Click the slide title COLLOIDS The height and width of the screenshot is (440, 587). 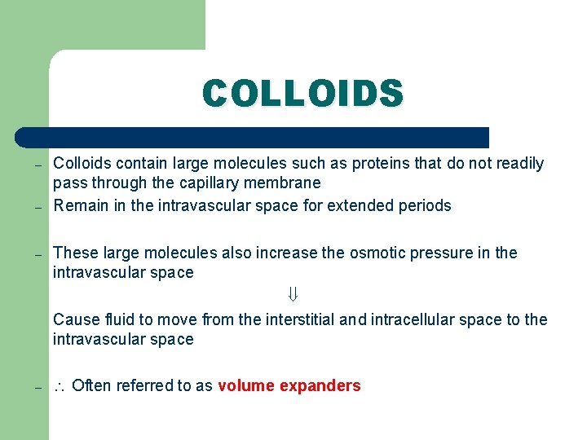click(302, 93)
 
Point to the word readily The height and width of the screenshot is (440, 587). click(517, 163)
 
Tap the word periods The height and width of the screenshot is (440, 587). click(424, 205)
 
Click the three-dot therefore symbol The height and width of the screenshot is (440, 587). click(60, 386)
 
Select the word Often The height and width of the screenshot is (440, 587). click(91, 385)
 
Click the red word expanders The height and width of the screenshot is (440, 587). click(320, 385)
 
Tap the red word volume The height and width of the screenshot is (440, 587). click(246, 385)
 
